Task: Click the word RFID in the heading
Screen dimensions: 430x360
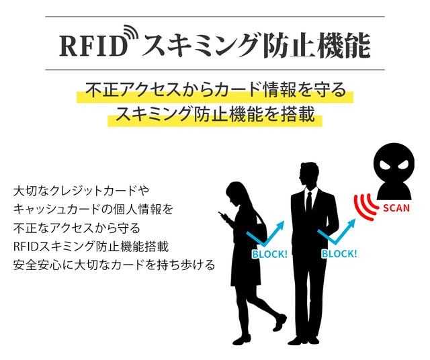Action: (94, 46)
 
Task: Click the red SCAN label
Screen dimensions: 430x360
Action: (396, 208)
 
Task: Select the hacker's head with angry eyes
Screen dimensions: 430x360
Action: (394, 163)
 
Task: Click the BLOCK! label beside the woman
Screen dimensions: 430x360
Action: (269, 254)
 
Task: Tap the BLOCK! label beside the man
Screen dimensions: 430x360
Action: (339, 254)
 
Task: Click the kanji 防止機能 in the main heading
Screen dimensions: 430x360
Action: (316, 46)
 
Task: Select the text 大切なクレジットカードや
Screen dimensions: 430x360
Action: (81, 191)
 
